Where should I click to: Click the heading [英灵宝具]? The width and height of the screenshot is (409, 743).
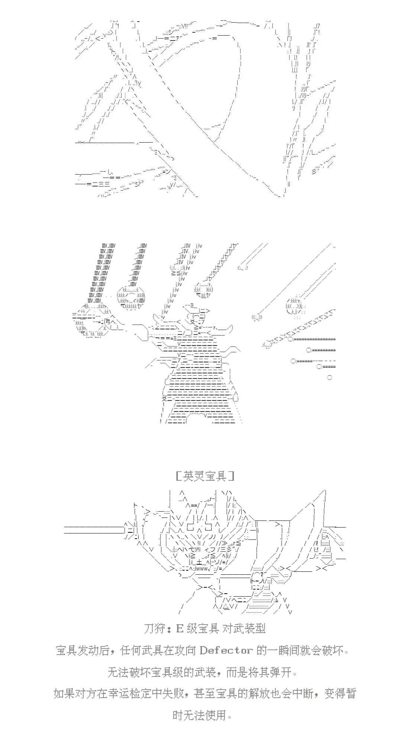[x=204, y=476]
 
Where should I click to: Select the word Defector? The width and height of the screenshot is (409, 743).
[x=226, y=650]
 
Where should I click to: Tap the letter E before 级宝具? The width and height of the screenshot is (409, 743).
[x=180, y=629]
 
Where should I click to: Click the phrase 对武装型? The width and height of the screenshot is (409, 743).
[x=244, y=629]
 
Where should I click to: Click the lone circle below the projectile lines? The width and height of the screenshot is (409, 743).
[x=329, y=377]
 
